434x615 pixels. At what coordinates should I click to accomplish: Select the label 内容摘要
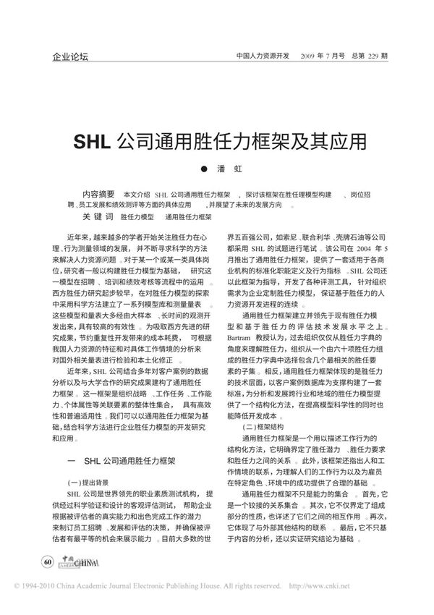(100, 195)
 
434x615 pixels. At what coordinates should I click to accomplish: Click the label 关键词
(99, 216)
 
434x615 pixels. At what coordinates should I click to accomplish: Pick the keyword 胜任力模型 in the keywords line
(137, 216)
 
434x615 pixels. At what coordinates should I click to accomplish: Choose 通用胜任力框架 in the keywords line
(188, 216)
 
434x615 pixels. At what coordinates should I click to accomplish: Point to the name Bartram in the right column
(242, 338)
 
